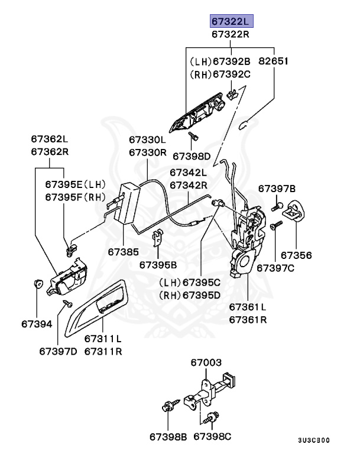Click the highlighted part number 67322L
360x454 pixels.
(231, 22)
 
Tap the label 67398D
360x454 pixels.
(191, 156)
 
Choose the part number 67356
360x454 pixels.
(296, 255)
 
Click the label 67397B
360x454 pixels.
(276, 189)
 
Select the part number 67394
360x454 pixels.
(37, 323)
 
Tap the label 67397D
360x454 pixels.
(58, 351)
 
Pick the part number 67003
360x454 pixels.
(206, 362)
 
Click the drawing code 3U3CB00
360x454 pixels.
(313, 440)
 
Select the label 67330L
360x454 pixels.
(148, 140)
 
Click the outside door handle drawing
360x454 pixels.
(198, 113)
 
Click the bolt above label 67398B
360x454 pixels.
(166, 407)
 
